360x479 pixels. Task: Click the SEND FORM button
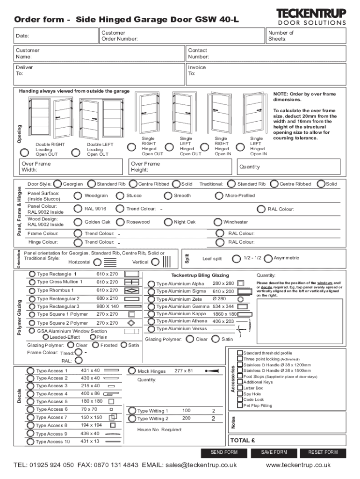tap(224, 452)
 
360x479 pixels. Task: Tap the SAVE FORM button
tap(274, 452)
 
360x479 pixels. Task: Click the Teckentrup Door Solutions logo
tap(311, 16)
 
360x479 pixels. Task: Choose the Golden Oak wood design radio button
tap(78, 222)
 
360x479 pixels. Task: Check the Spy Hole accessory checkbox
tap(240, 394)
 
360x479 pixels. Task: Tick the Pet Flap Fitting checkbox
tap(240, 406)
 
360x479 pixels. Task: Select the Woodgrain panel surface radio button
tap(78, 196)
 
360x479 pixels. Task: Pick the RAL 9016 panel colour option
tap(78, 209)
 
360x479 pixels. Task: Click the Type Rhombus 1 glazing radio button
tap(32, 290)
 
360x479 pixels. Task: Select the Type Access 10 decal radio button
tap(31, 441)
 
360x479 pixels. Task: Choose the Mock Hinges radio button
tap(131, 371)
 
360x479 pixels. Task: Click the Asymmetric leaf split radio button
tap(268, 258)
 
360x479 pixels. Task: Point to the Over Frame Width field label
tap(36, 167)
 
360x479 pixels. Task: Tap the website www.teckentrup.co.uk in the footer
tap(298, 465)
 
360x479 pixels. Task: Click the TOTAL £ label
tap(242, 440)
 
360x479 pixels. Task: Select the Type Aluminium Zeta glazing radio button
tap(151, 299)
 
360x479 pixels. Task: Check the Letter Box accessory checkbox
tap(240, 388)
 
